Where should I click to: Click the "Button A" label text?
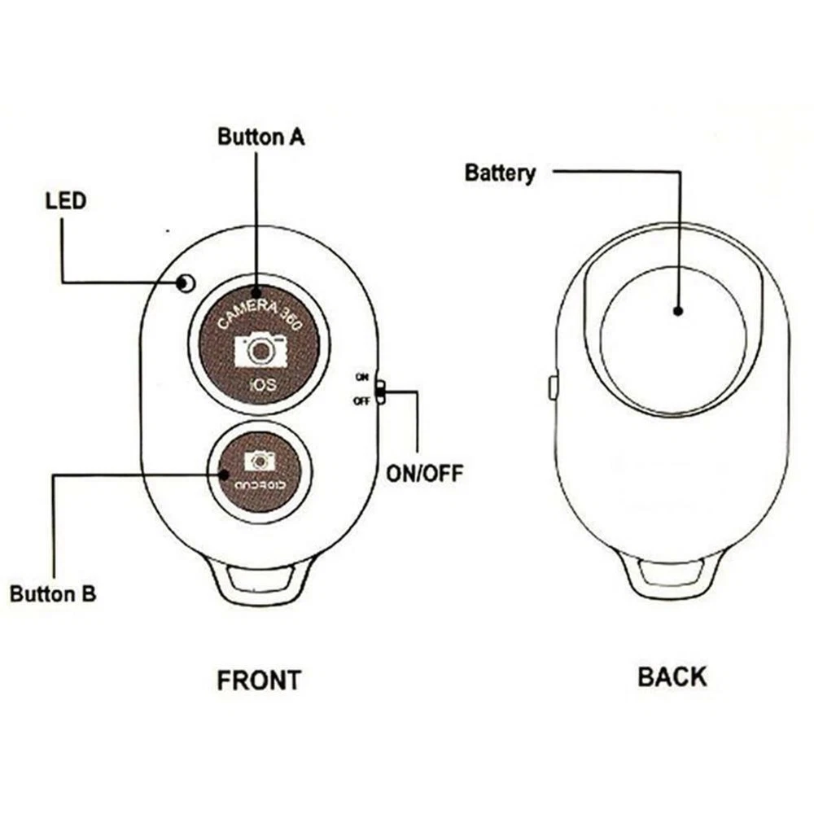(260, 136)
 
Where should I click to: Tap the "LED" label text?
(65, 200)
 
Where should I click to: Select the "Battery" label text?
(500, 173)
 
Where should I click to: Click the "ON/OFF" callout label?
(423, 473)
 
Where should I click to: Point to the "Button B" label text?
(53, 593)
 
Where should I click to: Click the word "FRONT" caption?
(259, 680)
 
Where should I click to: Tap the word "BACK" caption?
(672, 676)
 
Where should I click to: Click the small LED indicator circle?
(186, 283)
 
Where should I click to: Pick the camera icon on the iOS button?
(260, 351)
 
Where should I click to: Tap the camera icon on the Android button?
(260, 461)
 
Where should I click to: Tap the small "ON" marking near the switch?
(361, 376)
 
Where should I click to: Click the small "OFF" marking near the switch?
(360, 400)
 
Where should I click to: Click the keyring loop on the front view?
(260, 579)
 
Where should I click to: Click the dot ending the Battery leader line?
(677, 310)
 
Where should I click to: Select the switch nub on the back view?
(553, 387)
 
